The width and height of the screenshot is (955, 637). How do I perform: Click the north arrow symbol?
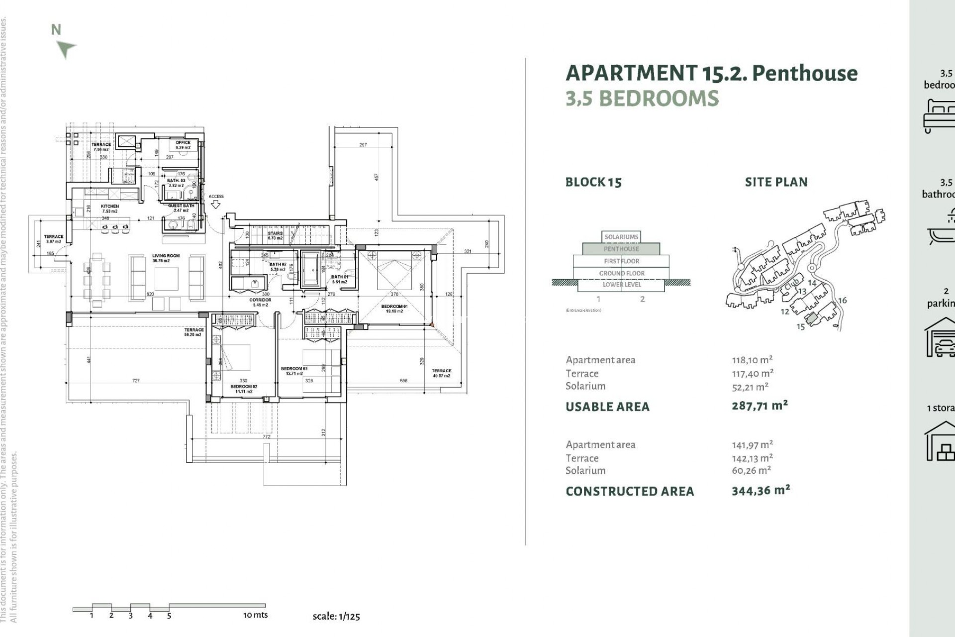(x=65, y=49)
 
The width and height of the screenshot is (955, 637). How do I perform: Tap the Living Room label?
(x=166, y=258)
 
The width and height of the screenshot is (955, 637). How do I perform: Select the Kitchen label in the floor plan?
(x=110, y=209)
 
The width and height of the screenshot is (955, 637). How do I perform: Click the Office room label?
(x=183, y=145)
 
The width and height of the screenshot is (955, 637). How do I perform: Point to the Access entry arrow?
(x=216, y=204)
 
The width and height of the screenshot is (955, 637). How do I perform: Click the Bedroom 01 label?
(x=394, y=309)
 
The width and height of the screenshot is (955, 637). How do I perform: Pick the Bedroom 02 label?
(x=244, y=389)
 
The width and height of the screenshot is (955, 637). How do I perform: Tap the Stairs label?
(x=275, y=235)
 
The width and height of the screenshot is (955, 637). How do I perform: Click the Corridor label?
(x=260, y=302)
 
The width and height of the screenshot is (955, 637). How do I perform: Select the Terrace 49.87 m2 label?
(x=441, y=373)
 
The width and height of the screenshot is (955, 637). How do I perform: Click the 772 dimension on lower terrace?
(x=267, y=437)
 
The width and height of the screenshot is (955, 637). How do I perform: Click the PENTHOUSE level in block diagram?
(x=621, y=249)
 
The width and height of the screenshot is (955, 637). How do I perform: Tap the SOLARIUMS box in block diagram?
(x=621, y=237)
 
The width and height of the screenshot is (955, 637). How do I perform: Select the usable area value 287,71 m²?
(x=760, y=406)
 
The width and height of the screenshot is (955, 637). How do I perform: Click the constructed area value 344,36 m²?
(x=761, y=491)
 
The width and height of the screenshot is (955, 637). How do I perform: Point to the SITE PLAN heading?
(x=776, y=182)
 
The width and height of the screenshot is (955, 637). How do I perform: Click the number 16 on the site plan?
(x=842, y=301)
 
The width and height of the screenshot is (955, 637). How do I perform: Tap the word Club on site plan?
(x=791, y=285)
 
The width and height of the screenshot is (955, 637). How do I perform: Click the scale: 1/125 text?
(x=336, y=616)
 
